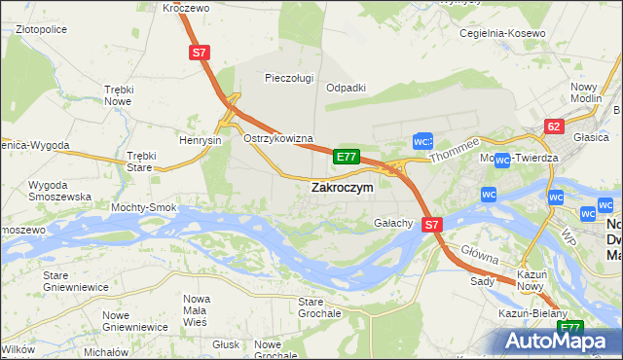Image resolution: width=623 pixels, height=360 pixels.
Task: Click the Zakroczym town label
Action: (x=341, y=188)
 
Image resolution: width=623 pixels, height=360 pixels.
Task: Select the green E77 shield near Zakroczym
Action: (x=348, y=156)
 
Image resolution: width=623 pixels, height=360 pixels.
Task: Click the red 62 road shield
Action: (x=554, y=126)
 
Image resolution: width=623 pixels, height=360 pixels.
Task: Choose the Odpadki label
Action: (x=345, y=87)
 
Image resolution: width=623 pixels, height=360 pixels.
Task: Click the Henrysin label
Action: (x=202, y=140)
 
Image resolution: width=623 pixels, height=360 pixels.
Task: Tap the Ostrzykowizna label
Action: (x=277, y=139)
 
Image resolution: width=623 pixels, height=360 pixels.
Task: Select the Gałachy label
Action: (x=394, y=223)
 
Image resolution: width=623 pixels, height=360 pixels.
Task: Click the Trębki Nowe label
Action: (x=118, y=95)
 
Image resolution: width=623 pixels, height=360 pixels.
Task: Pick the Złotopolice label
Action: (x=41, y=30)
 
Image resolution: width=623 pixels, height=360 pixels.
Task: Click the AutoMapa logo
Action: (x=560, y=341)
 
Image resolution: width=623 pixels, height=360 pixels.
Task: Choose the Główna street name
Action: (x=481, y=256)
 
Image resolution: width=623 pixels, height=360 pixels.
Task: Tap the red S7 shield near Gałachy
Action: (x=433, y=224)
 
